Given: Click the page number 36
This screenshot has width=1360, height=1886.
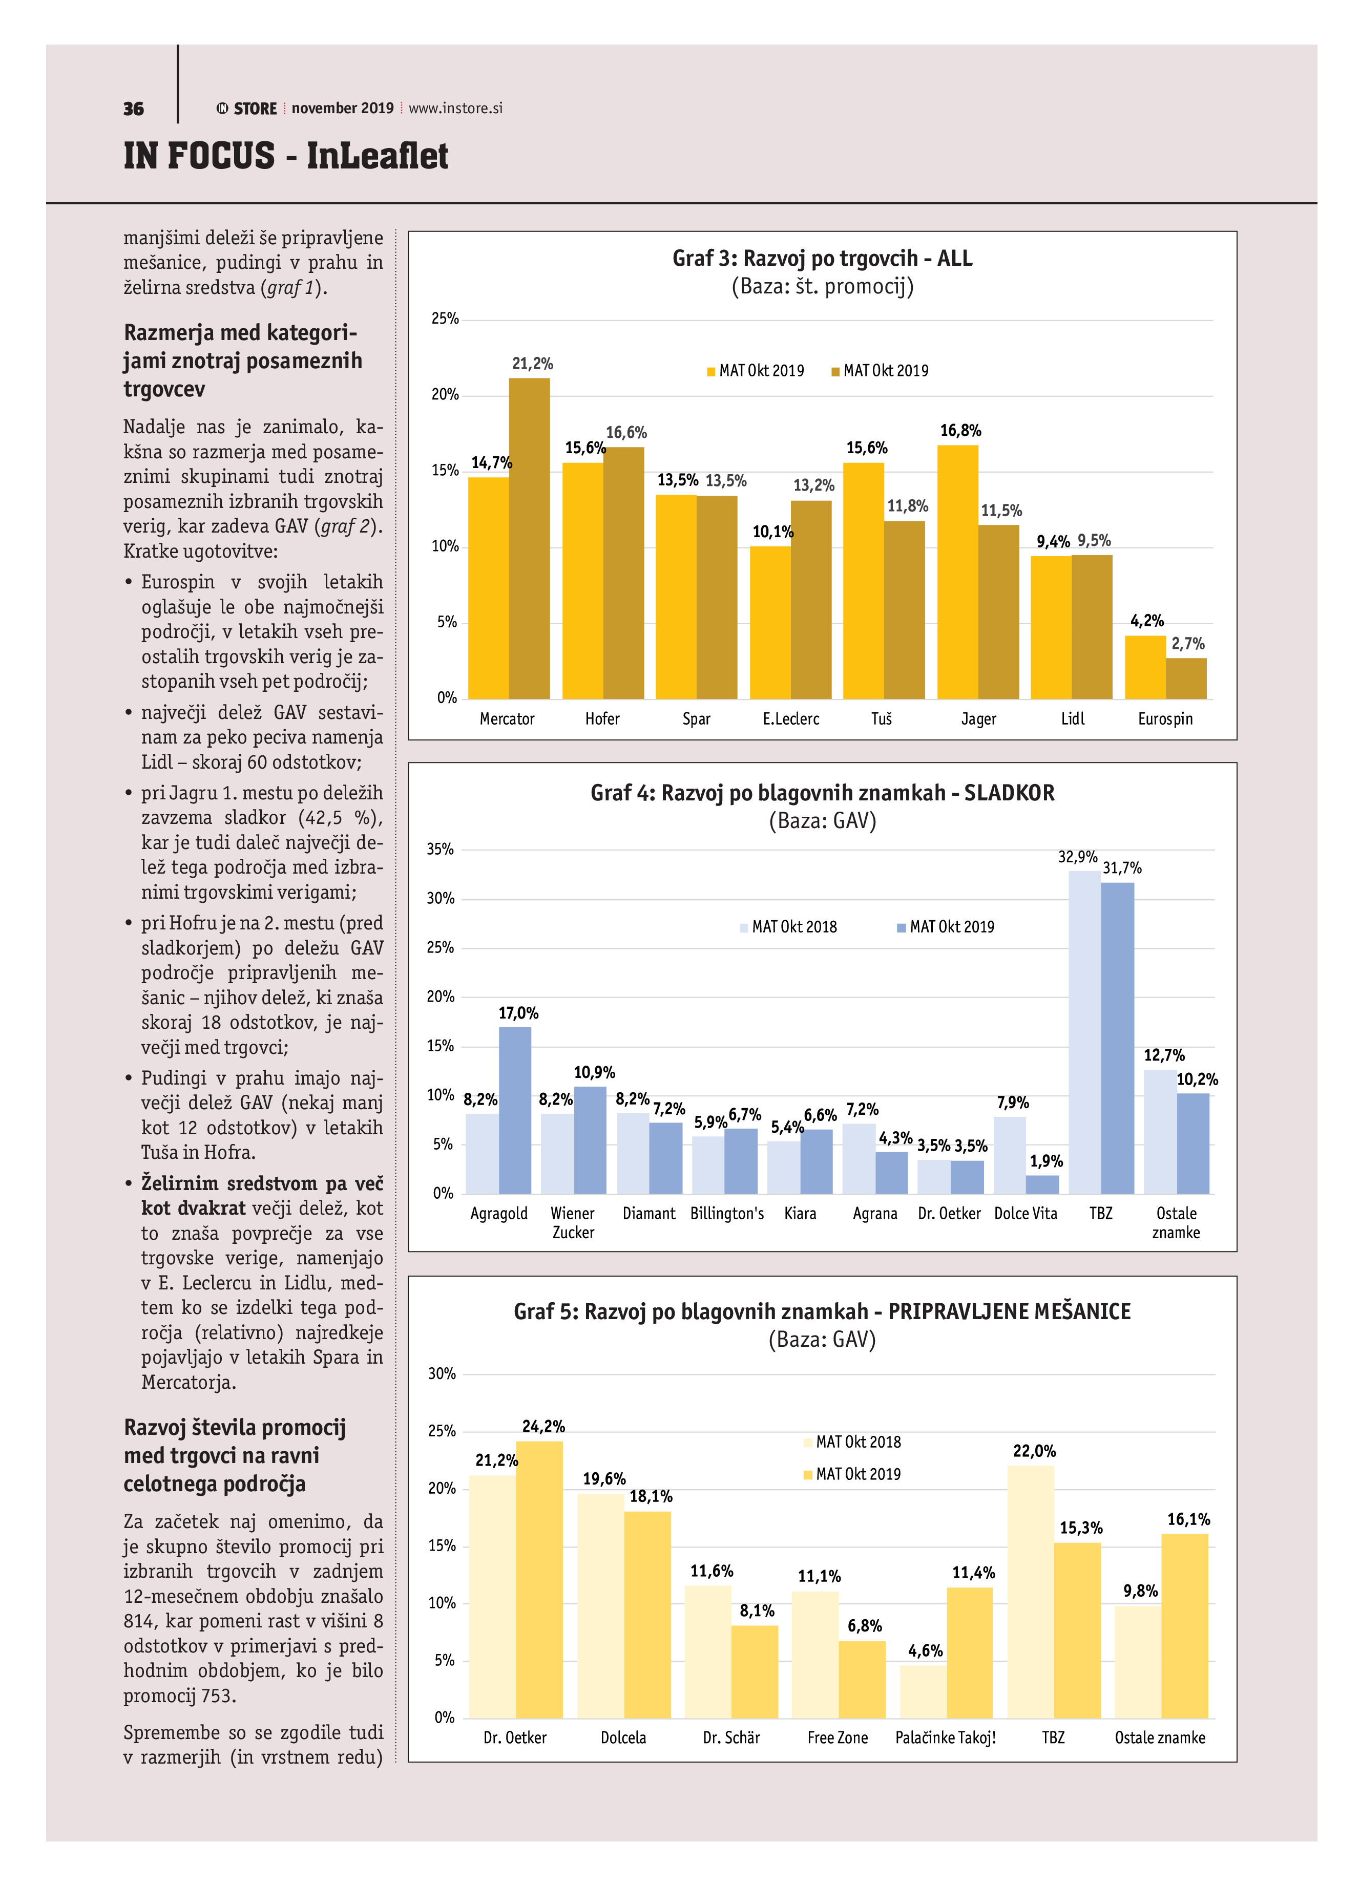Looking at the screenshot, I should tap(133, 109).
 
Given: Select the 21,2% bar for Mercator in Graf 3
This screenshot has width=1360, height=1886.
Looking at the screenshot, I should tap(529, 538).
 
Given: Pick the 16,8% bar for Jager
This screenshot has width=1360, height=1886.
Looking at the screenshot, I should tap(957, 572).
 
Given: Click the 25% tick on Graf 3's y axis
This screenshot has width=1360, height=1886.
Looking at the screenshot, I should tap(445, 319).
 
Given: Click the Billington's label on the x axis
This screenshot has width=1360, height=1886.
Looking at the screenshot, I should tap(726, 1213).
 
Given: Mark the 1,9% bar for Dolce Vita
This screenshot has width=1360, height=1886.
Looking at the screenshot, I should tap(1042, 1184).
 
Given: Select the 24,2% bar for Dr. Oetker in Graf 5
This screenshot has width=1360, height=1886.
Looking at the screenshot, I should tap(539, 1579).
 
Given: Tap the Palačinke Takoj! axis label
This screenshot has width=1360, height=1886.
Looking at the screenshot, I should tap(945, 1737).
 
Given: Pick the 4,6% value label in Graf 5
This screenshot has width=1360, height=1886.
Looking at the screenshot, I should tap(925, 1650).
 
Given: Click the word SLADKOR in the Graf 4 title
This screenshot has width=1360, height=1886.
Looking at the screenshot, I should tap(1009, 793).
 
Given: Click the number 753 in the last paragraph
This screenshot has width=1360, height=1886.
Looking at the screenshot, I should tap(219, 1696).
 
